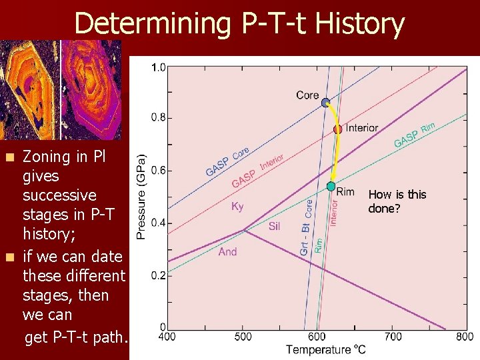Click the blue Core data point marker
(x=325, y=103)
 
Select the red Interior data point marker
(x=337, y=129)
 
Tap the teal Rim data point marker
(x=331, y=186)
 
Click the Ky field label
(x=237, y=207)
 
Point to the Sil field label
(x=274, y=227)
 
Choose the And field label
(x=227, y=251)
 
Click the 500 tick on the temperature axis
(x=243, y=337)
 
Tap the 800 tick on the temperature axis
(x=465, y=337)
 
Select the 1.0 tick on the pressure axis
(x=159, y=67)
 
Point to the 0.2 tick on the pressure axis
(x=159, y=275)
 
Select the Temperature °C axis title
(x=326, y=349)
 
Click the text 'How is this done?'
(x=397, y=201)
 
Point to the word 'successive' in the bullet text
(x=59, y=195)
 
